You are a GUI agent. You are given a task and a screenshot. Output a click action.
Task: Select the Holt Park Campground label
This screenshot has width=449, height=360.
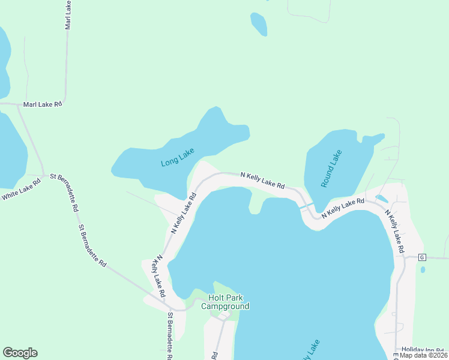225,302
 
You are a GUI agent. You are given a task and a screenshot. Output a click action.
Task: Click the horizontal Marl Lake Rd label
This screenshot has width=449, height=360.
42,104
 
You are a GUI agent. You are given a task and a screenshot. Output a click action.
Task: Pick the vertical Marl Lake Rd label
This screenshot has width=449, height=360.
68,15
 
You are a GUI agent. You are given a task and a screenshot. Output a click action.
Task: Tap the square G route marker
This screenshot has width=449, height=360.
421,257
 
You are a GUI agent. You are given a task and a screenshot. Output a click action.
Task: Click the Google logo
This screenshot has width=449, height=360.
20,353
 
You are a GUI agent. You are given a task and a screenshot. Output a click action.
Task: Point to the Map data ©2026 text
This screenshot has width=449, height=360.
423,355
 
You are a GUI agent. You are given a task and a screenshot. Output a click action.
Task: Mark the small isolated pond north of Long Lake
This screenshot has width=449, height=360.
259,24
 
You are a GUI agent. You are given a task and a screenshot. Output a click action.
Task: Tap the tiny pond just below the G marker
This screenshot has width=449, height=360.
423,269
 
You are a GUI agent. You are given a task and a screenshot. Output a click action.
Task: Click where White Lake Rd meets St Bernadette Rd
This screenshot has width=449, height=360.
46,176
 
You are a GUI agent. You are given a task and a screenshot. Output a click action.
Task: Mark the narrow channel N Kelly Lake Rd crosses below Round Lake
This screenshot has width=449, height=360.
306,208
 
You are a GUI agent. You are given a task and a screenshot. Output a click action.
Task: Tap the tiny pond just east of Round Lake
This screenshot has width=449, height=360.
381,198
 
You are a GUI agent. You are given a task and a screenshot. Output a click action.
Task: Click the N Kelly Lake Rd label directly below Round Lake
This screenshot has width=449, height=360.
343,208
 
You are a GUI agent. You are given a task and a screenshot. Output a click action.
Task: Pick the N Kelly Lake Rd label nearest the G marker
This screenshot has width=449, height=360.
396,230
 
